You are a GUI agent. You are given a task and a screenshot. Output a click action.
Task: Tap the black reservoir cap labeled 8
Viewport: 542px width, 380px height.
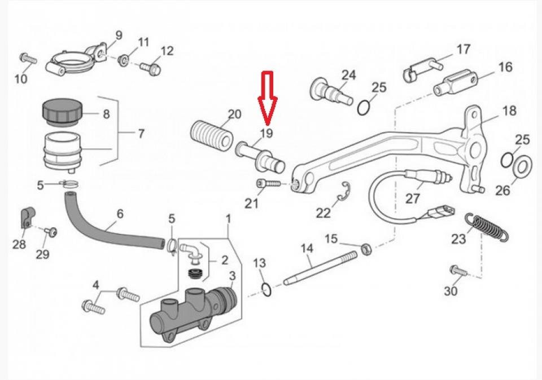60,112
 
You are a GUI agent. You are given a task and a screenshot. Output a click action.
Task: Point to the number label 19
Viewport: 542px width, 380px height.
266,134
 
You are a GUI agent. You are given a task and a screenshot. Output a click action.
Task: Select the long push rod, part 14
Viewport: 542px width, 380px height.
319,270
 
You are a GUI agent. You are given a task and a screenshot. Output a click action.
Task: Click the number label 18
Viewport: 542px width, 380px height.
509,111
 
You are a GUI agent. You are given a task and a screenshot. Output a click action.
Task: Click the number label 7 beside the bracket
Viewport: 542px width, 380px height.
141,134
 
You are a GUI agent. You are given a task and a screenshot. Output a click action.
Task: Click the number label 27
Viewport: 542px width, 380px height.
413,199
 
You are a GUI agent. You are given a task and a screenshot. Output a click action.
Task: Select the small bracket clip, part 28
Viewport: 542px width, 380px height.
27,216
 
